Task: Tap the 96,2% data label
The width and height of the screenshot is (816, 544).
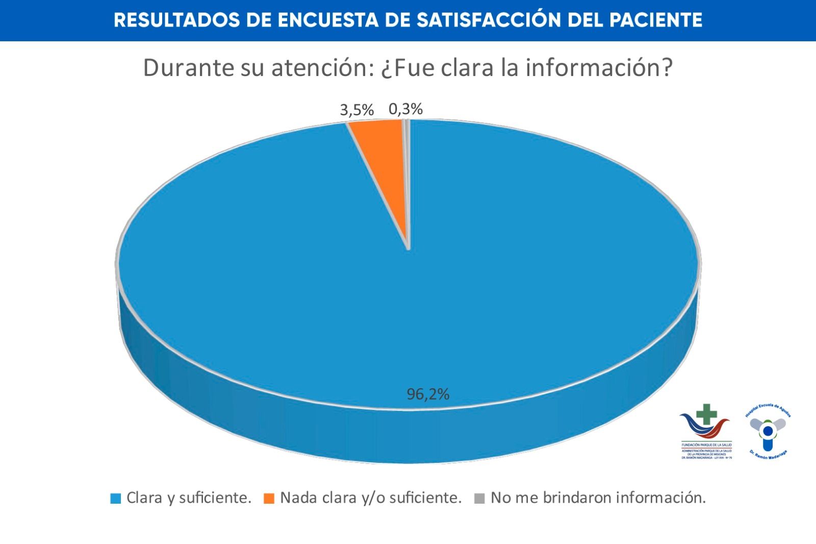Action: (428, 394)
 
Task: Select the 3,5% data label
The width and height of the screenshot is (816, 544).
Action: (357, 110)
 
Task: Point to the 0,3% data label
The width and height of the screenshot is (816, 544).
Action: (406, 109)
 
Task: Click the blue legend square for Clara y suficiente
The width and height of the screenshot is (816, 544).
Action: (116, 499)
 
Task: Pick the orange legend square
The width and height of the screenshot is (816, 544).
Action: (269, 499)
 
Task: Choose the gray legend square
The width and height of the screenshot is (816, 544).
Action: (479, 499)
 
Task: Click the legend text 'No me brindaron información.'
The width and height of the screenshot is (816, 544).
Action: (598, 498)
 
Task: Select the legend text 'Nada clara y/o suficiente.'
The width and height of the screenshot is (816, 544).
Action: (371, 498)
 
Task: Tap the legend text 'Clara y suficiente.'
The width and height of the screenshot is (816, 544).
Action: (189, 498)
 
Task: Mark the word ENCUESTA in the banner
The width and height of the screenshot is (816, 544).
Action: (328, 20)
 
